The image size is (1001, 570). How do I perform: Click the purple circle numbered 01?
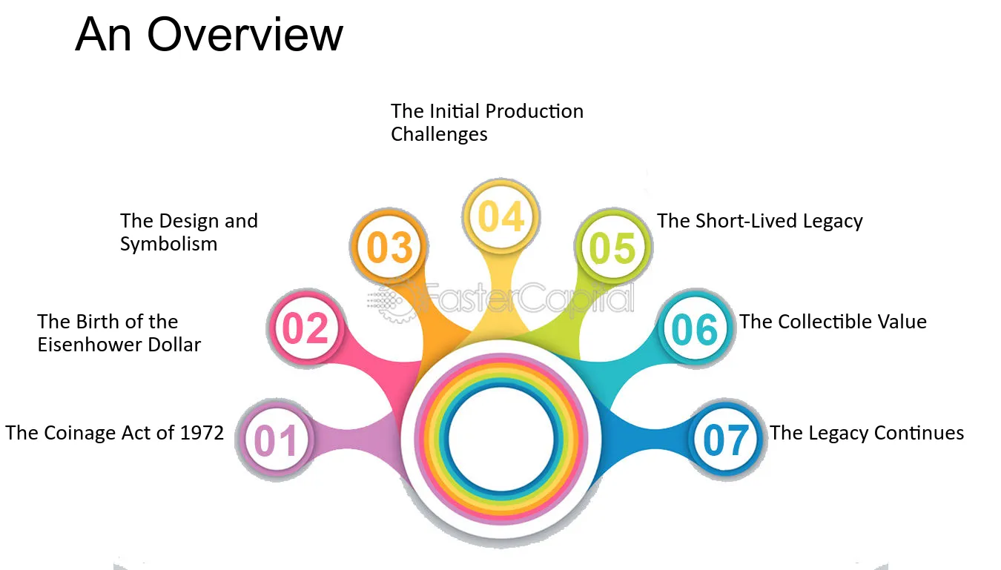[x=276, y=440]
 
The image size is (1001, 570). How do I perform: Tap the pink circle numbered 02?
[x=305, y=328]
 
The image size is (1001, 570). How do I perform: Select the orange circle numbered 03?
[x=389, y=247]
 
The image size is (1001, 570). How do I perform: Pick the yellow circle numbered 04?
[x=501, y=217]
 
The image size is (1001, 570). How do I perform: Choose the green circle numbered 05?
[x=613, y=247]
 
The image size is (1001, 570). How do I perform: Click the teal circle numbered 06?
[x=696, y=328]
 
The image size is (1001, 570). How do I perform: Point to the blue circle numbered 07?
[x=726, y=440]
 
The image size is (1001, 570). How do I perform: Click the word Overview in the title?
[x=245, y=35]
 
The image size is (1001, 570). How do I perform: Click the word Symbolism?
[x=168, y=245]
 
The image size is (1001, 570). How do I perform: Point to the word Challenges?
[x=439, y=135]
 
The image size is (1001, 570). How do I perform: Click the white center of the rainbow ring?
[x=500, y=439]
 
